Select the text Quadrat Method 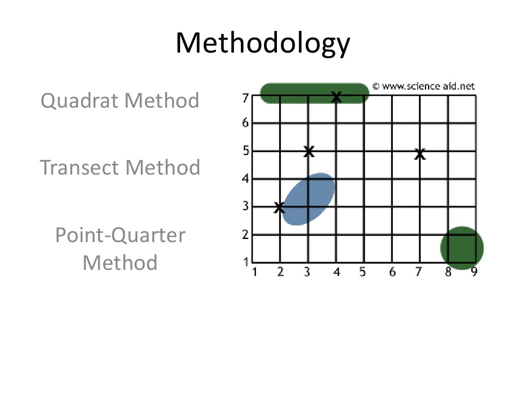(120, 100)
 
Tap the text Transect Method (120, 167)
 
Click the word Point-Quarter (120, 235)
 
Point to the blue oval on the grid (309, 199)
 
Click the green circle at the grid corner (462, 248)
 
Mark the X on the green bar (336, 96)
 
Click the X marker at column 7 (420, 154)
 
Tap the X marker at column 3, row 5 (308, 151)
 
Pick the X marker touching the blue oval (279, 208)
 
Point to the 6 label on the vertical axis (245, 123)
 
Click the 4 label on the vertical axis (245, 179)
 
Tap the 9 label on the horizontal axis (474, 272)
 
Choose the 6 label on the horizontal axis (392, 272)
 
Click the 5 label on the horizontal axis (363, 272)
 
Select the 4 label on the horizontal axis (336, 272)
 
